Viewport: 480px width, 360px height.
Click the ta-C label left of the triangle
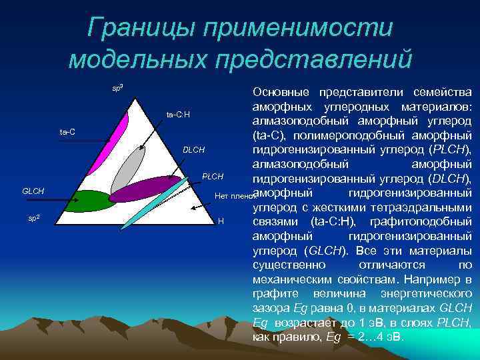pyautogui.click(x=67, y=132)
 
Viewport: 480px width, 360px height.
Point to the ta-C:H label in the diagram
pyautogui.click(x=178, y=115)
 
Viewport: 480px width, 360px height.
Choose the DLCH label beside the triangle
pyautogui.click(x=193, y=149)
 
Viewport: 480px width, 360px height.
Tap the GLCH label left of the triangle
pyautogui.click(x=33, y=191)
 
